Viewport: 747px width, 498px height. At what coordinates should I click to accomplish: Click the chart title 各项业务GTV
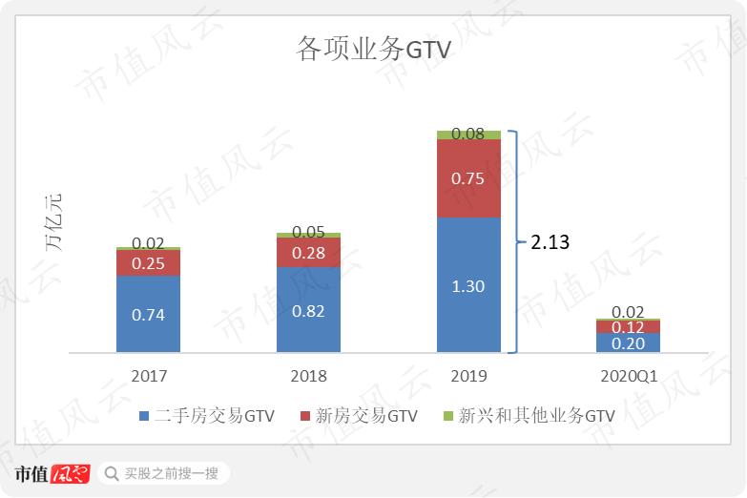point(373,51)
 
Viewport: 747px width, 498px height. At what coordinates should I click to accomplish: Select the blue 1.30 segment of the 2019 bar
point(468,284)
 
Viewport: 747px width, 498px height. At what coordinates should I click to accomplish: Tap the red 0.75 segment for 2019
point(468,179)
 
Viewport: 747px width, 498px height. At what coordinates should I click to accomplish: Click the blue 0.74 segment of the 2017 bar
point(148,314)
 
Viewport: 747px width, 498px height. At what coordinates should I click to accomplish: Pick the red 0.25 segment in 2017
point(148,263)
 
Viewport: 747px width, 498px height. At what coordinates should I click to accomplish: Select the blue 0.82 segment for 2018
point(308,309)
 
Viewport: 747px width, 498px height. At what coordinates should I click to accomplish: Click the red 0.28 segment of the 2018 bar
point(308,253)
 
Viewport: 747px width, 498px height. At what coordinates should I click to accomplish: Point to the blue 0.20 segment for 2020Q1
point(628,343)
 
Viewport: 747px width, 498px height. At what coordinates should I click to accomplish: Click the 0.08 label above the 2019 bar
point(468,135)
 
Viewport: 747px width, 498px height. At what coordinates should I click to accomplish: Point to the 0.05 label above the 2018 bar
point(308,232)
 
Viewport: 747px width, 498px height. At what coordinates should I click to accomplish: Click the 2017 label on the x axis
point(148,376)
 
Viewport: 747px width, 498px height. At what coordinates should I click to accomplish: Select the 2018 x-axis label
point(308,376)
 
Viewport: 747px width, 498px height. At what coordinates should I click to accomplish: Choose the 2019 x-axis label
point(468,376)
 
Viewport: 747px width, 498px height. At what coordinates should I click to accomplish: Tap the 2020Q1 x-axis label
point(629,376)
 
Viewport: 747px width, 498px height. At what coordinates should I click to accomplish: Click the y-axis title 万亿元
point(53,222)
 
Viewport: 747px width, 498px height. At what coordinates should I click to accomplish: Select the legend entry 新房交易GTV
point(359,416)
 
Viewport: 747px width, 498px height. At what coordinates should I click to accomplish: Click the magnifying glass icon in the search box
point(112,473)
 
